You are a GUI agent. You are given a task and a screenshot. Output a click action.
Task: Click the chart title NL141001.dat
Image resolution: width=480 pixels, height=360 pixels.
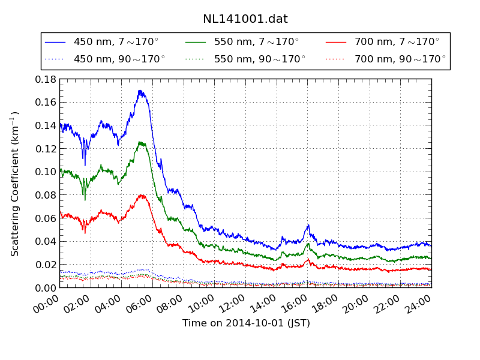tap(245, 19)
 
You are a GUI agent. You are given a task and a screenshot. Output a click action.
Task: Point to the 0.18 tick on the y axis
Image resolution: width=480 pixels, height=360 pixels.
tap(46, 79)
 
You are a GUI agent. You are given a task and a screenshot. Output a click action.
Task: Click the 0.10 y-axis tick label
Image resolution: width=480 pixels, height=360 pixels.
tap(46, 172)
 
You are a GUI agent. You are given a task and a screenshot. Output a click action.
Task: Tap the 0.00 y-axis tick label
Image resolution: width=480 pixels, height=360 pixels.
tap(46, 288)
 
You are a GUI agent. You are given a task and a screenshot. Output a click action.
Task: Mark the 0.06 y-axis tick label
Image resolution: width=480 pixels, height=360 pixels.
tap(46, 218)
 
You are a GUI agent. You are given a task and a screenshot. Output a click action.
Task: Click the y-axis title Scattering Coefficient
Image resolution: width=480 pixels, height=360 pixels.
tap(15, 184)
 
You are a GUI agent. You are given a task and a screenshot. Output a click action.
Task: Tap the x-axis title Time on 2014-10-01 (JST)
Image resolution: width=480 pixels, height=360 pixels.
tap(246, 323)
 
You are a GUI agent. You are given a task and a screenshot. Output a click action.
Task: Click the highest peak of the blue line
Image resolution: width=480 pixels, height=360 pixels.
tap(140, 91)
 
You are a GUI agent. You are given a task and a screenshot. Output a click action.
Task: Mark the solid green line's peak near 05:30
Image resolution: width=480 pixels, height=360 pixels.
tap(142, 142)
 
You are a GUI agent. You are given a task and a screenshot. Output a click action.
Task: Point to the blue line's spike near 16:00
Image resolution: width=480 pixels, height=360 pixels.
tap(308, 225)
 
